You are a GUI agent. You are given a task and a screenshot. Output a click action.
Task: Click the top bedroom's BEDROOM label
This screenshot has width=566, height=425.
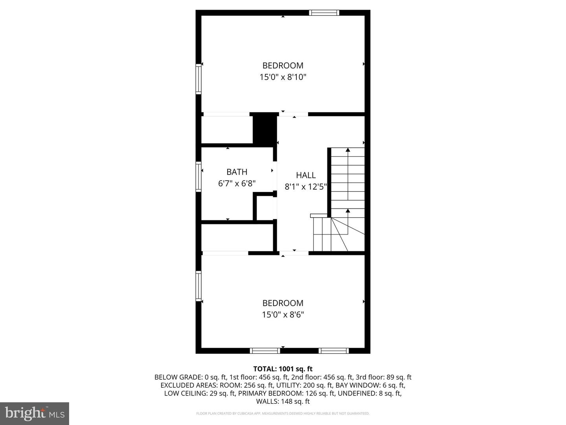pyautogui.click(x=283, y=65)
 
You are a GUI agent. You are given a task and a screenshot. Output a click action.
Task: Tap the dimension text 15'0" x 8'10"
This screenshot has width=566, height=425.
pyautogui.click(x=283, y=77)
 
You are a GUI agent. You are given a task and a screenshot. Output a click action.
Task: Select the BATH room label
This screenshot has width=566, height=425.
pyautogui.click(x=237, y=172)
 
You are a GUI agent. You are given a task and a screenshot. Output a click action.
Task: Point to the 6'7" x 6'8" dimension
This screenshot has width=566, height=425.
pyautogui.click(x=237, y=183)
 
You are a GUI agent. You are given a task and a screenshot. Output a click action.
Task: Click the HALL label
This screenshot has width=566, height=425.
pyautogui.click(x=306, y=175)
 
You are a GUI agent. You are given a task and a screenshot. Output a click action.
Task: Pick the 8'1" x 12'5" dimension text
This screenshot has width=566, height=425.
pyautogui.click(x=306, y=187)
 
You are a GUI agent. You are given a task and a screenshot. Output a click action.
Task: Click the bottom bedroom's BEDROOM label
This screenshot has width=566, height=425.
pyautogui.click(x=283, y=303)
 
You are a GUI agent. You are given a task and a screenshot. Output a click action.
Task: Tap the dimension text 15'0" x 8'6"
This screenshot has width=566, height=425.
pyautogui.click(x=283, y=315)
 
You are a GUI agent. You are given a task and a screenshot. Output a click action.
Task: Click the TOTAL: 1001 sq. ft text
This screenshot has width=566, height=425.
pyautogui.click(x=283, y=369)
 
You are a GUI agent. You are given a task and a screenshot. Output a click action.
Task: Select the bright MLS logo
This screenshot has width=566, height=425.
pyautogui.click(x=35, y=413)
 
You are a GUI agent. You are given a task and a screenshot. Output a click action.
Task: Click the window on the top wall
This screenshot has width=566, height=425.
pyautogui.click(x=324, y=13)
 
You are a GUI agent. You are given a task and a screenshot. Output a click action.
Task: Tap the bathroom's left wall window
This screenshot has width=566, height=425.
pyautogui.click(x=199, y=177)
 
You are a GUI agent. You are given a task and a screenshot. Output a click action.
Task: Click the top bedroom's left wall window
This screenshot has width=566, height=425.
pyautogui.click(x=199, y=79)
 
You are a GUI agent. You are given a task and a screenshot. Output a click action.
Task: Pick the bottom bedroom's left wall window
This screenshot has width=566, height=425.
pyautogui.click(x=199, y=286)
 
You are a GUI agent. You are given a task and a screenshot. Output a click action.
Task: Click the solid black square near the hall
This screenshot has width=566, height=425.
pyautogui.click(x=264, y=128)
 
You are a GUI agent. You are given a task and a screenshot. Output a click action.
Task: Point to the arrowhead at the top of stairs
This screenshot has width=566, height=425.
pyautogui.click(x=347, y=150)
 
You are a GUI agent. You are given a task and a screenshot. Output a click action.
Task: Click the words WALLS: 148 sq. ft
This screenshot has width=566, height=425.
pyautogui.click(x=283, y=401)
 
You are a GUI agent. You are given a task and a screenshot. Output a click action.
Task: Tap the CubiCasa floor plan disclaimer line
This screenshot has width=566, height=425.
pyautogui.click(x=283, y=414)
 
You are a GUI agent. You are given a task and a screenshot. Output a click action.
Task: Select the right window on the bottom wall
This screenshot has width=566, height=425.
pyautogui.click(x=333, y=351)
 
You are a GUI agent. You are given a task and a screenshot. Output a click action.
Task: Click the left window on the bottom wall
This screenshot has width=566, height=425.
pyautogui.click(x=265, y=351)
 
